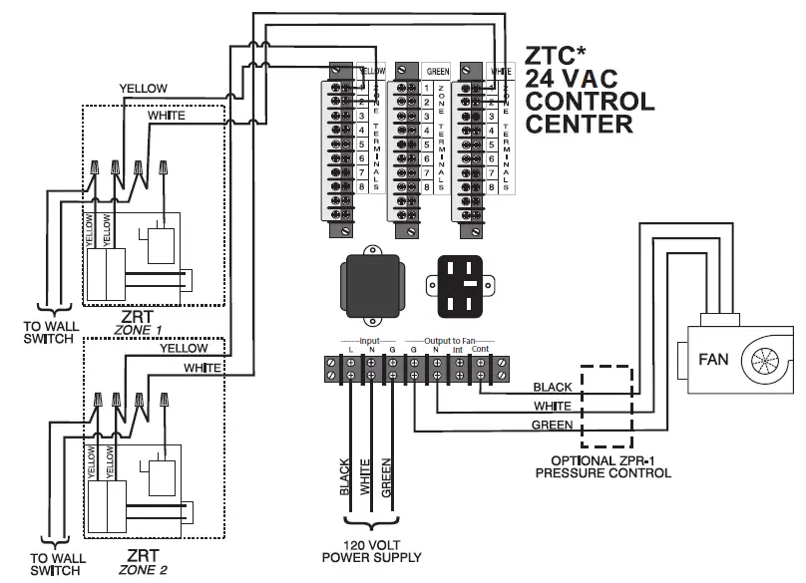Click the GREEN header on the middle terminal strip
437,72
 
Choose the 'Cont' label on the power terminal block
480,350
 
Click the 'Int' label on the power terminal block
458,350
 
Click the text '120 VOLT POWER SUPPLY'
371,551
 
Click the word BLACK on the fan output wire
553,387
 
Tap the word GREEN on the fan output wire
553,426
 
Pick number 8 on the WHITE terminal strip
491,186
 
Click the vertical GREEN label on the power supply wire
386,477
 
